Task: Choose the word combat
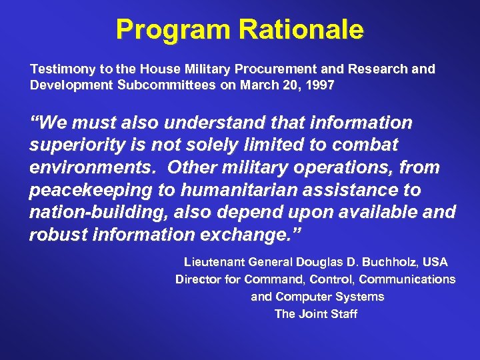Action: coord(364,145)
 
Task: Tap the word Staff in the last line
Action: coord(343,313)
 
